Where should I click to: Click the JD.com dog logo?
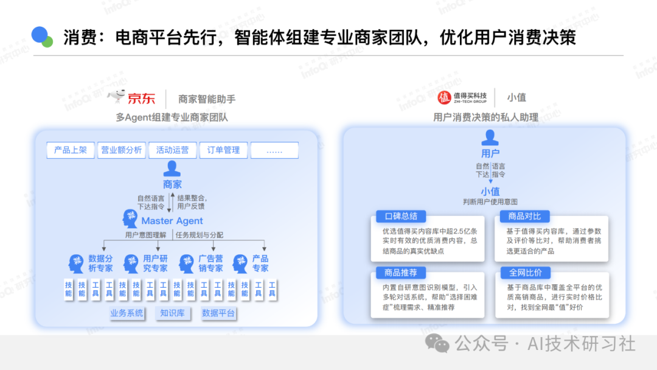click(x=117, y=96)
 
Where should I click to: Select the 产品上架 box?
click(x=71, y=150)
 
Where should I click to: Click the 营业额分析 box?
click(x=121, y=150)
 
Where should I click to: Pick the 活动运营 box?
click(x=172, y=150)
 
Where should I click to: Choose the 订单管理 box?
click(x=223, y=150)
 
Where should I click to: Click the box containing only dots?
click(x=274, y=150)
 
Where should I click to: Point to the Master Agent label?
click(x=172, y=221)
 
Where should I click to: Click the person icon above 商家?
click(x=172, y=168)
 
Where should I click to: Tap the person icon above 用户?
click(x=490, y=139)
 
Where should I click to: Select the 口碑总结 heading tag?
click(x=400, y=217)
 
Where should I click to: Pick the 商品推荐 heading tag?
click(x=400, y=273)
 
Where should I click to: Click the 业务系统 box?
click(x=127, y=313)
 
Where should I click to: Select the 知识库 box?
click(x=172, y=313)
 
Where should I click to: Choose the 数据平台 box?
click(x=218, y=313)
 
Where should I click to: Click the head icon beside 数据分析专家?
click(x=75, y=264)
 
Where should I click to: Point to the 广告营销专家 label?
click(x=210, y=264)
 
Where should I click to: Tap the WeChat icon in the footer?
click(x=438, y=343)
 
